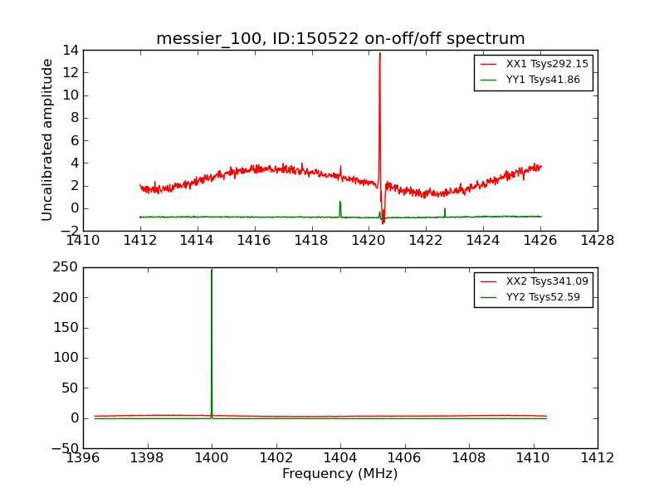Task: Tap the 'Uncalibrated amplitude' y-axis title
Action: point(48,139)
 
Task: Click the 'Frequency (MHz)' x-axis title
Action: point(339,474)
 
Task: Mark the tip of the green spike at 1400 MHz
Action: point(212,271)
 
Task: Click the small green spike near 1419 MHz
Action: point(339,203)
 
